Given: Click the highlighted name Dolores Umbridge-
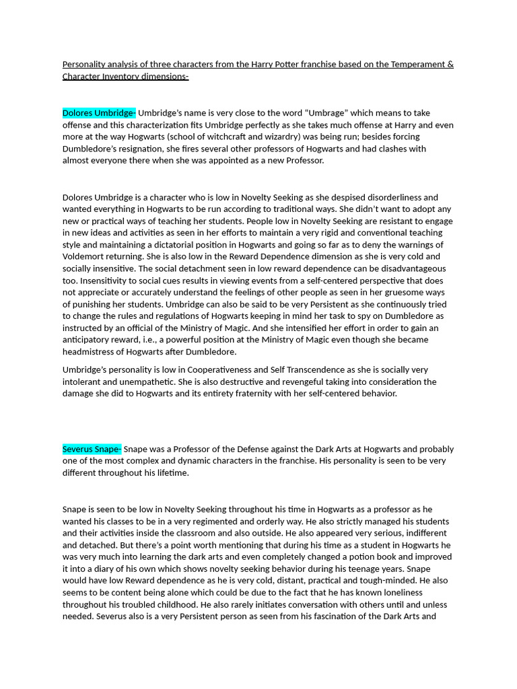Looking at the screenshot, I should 99,113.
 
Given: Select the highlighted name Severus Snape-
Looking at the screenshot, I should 92,449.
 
